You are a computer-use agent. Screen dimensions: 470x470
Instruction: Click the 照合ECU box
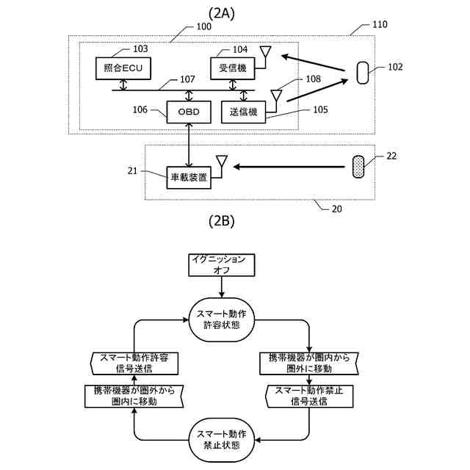tap(123, 68)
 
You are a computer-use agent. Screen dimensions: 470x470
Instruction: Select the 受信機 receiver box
tap(233, 68)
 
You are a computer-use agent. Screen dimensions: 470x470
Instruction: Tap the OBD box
tap(189, 112)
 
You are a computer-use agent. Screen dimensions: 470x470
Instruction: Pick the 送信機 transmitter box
tap(243, 112)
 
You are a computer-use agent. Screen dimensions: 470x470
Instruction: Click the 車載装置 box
tap(189, 178)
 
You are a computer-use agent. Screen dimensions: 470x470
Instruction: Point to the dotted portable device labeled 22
tap(358, 167)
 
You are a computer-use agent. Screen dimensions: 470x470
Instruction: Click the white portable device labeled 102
tap(363, 73)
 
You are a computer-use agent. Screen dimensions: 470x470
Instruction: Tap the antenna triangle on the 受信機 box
tap(266, 51)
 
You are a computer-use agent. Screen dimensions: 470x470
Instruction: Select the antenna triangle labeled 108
tap(276, 95)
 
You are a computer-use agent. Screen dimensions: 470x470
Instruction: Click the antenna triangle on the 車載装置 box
tap(222, 161)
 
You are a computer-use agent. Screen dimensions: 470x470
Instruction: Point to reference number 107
tap(187, 79)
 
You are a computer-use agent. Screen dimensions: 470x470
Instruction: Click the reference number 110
tap(380, 24)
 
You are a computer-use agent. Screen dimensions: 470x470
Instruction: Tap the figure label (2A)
tap(222, 13)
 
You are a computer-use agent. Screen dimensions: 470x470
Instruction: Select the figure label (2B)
tap(222, 221)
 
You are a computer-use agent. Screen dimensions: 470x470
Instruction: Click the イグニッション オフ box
tap(222, 265)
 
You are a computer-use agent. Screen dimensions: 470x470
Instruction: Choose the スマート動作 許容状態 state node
tap(222, 319)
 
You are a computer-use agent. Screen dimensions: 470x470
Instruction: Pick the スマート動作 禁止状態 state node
tap(222, 440)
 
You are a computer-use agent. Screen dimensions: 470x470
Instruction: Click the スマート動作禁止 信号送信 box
tap(309, 397)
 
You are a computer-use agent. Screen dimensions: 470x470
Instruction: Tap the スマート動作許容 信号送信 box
tap(134, 364)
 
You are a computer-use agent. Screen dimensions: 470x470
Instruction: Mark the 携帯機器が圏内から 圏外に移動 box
tap(309, 364)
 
